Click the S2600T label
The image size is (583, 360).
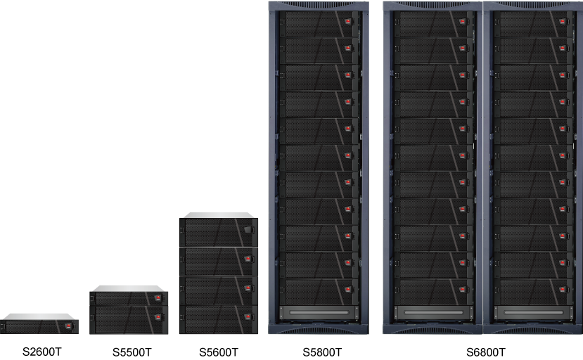[40, 351]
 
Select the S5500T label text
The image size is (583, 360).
[132, 352]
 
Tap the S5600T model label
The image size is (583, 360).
[219, 352]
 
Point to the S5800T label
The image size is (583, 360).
[322, 352]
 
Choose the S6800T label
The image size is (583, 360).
[485, 352]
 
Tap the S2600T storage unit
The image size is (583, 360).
[39, 326]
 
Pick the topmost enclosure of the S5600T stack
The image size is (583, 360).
[219, 232]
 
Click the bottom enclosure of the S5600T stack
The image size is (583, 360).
[219, 320]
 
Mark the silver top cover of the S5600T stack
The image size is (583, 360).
[217, 214]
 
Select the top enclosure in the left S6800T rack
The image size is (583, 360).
[433, 23]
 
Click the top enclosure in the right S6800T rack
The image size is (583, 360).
[532, 23]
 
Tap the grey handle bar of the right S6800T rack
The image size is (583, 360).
[532, 311]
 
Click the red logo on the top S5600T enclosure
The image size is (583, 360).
[248, 230]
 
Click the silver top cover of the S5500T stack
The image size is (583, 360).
[128, 288]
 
